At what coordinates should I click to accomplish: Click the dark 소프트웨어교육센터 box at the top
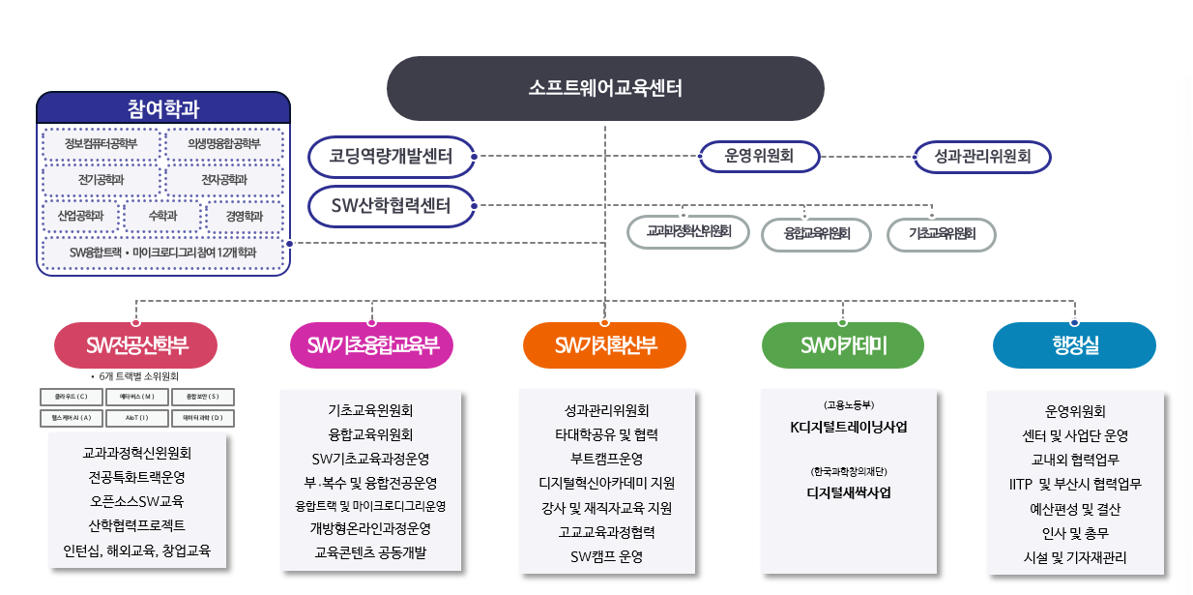(605, 88)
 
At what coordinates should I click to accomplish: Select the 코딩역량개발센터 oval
(392, 156)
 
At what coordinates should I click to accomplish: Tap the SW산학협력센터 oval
(392, 205)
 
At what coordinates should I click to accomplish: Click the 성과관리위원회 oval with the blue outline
(982, 156)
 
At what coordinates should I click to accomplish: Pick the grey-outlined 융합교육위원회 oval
(817, 234)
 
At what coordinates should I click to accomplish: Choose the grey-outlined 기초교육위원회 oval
(942, 234)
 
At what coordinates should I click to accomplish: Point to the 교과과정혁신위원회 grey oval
(687, 232)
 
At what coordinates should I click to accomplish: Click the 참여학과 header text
(162, 108)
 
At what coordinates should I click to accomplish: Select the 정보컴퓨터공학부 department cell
(101, 144)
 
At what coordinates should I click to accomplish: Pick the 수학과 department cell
(162, 216)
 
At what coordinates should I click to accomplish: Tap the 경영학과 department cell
(245, 216)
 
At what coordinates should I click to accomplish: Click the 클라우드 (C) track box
(71, 397)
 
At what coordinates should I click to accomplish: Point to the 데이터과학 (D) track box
(202, 418)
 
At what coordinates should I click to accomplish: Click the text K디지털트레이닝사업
(848, 427)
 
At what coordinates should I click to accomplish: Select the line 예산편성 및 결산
(1075, 509)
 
